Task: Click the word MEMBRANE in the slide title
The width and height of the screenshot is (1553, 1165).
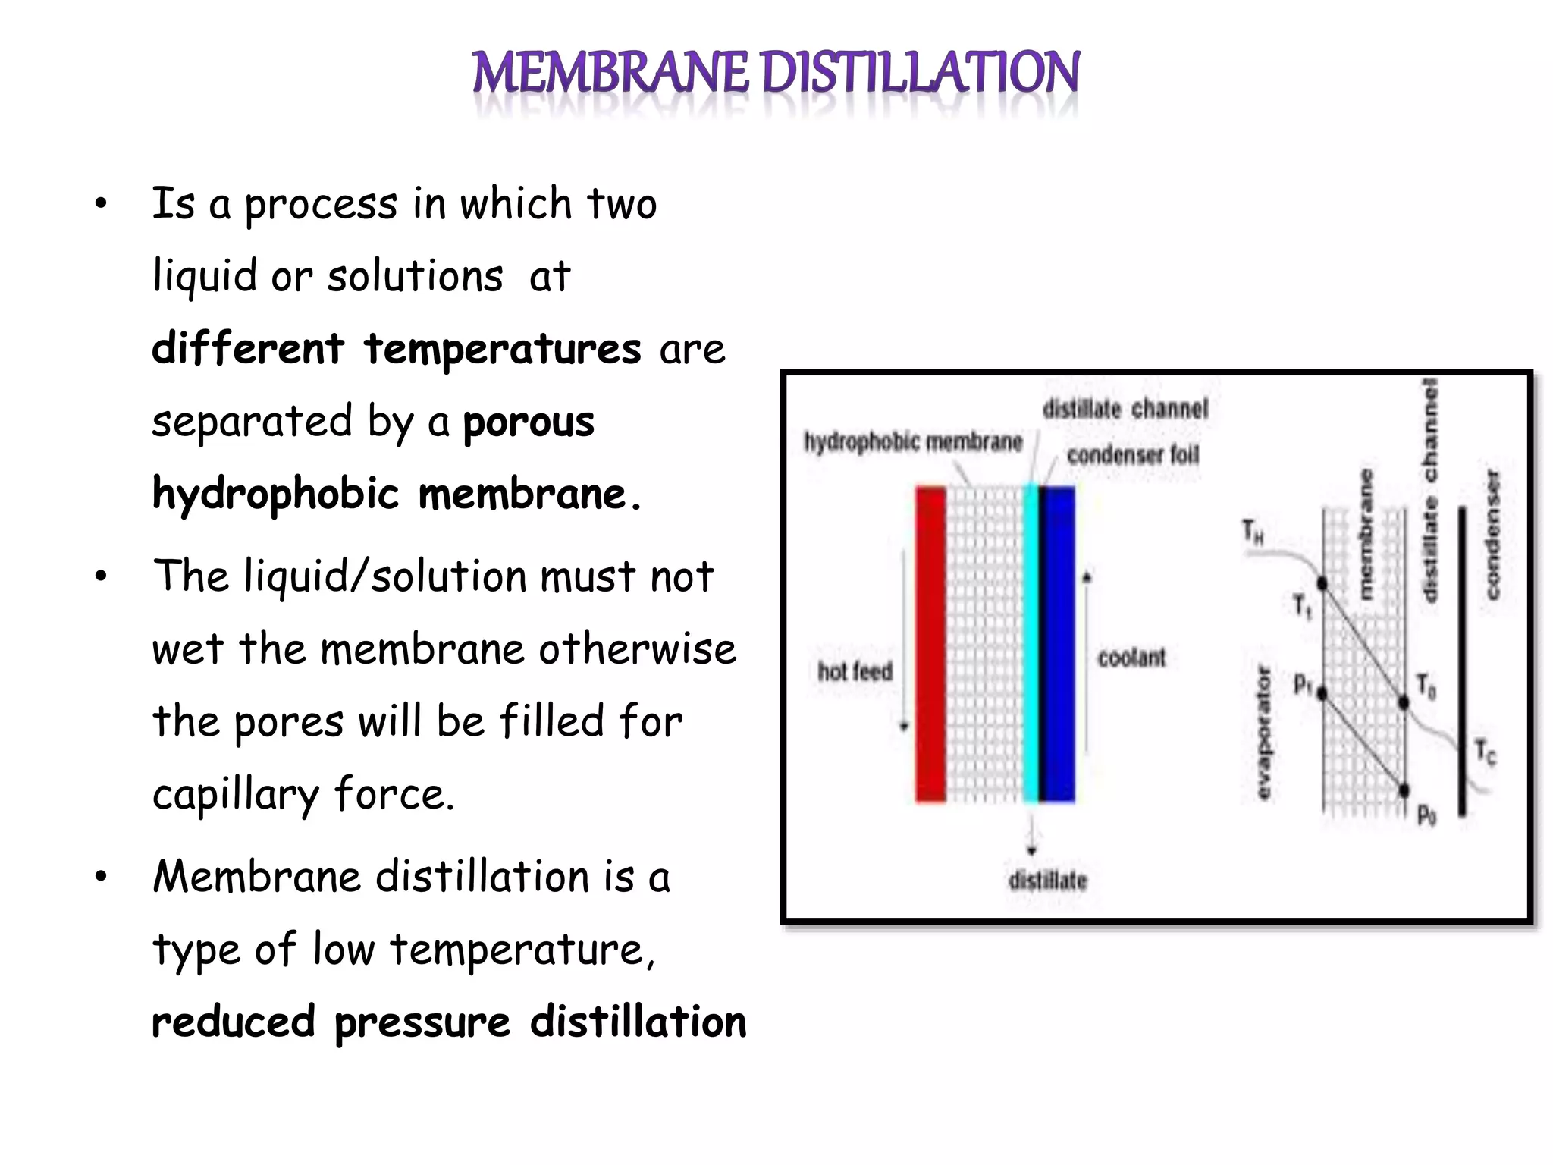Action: [x=611, y=73]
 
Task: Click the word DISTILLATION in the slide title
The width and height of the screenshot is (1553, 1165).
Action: [x=921, y=73]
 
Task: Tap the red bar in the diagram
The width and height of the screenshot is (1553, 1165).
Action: [x=930, y=645]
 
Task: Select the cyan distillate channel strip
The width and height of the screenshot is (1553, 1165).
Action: [x=1031, y=645]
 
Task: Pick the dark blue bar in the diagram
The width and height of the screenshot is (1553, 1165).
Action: [x=1058, y=645]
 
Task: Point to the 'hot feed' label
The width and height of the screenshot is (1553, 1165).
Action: [x=855, y=671]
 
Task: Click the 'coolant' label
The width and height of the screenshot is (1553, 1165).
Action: [x=1131, y=658]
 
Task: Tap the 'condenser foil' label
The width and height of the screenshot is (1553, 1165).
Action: [x=1133, y=455]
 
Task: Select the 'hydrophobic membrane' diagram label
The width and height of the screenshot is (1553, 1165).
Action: [x=913, y=441]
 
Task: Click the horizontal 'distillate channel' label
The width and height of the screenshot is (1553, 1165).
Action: [x=1125, y=409]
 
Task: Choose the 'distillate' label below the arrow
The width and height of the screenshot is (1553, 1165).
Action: [x=1047, y=881]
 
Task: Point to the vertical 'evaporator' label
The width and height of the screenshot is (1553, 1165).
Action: [x=1263, y=732]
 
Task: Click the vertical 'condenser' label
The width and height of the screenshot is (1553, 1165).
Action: [x=1492, y=535]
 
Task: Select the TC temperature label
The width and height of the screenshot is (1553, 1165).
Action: [x=1486, y=752]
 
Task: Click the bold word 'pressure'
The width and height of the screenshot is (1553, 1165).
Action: [x=422, y=1022]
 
